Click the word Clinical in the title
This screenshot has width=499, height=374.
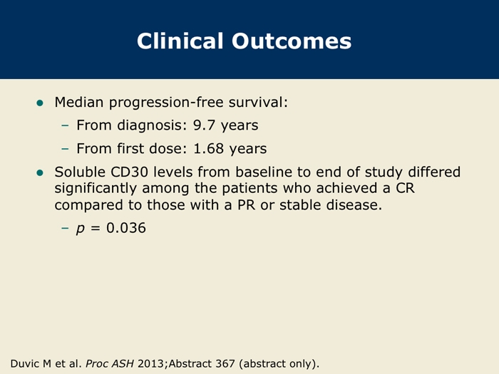(x=180, y=41)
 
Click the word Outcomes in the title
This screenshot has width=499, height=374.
(x=292, y=41)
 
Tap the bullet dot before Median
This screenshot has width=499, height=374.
(x=40, y=103)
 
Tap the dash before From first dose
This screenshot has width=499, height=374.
(x=65, y=148)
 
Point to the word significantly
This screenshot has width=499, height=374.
(x=95, y=189)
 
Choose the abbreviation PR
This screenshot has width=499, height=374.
(x=247, y=205)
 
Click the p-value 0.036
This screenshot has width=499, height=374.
(x=126, y=228)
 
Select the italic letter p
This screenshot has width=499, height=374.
(x=81, y=229)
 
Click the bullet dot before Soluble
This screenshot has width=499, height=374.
(x=40, y=172)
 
